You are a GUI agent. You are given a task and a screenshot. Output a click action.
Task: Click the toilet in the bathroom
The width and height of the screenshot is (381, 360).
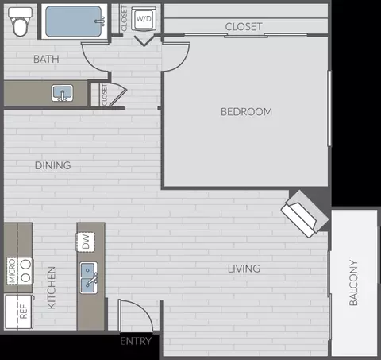[x=20, y=21]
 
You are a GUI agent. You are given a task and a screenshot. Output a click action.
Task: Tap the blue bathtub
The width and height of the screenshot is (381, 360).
[x=74, y=21]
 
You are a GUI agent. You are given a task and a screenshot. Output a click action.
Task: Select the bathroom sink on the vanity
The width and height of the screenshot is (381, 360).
[x=63, y=93]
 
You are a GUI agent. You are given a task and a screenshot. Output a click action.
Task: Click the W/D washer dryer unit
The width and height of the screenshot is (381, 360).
[x=144, y=18]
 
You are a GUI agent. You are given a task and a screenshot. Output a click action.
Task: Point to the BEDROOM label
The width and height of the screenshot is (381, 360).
[x=246, y=112]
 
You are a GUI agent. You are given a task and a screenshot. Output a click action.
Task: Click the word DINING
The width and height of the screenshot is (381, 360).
[x=53, y=165]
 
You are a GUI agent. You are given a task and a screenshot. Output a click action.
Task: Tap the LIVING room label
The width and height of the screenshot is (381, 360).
[x=244, y=269]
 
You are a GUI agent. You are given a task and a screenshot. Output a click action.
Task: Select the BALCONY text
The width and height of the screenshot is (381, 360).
[x=353, y=283]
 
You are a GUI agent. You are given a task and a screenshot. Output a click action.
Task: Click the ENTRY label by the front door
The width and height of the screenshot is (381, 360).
[x=136, y=341]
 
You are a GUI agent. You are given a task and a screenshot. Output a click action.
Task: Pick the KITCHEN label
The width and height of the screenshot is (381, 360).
[x=52, y=288]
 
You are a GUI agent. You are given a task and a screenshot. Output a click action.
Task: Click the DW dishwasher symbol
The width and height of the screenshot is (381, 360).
[x=86, y=242]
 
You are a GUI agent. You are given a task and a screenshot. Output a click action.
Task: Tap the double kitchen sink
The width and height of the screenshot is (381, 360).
[x=89, y=278]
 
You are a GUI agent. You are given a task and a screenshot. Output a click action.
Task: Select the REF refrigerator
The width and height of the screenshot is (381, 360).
[x=19, y=312]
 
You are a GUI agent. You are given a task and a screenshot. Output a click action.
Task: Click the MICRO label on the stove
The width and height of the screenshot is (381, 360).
[x=12, y=271]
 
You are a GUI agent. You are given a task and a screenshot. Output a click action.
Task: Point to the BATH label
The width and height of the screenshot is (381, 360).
[x=46, y=59]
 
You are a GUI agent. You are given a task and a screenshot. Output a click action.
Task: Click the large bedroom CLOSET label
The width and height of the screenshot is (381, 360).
[x=244, y=26]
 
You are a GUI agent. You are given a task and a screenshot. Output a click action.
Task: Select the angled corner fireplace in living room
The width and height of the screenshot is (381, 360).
[x=305, y=214]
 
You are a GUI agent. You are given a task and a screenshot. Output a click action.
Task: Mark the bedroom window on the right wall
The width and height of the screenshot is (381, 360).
[x=329, y=108]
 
